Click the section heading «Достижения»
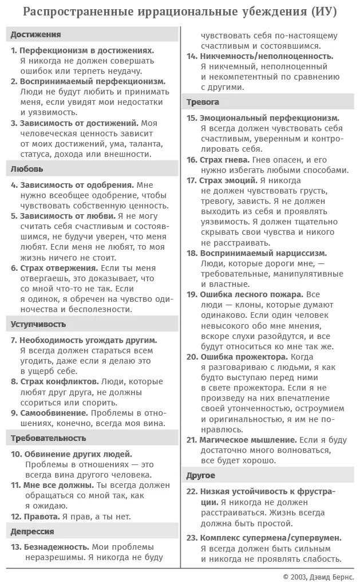pos(35,34)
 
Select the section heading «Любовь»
pos(27,169)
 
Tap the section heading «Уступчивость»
pos(38,324)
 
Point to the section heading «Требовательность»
pos(49,438)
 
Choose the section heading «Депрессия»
pos(33,531)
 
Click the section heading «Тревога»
pos(203,102)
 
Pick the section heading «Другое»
pos(201,475)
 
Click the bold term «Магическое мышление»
pos(248,440)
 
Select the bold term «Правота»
pos(41,516)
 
